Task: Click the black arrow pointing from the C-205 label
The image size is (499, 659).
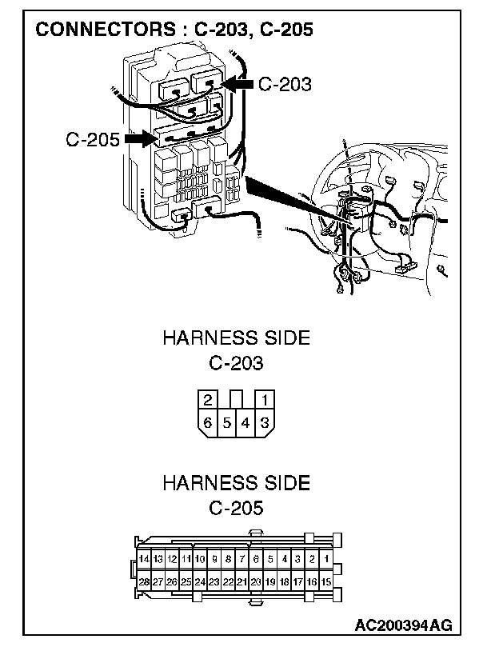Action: click(x=140, y=138)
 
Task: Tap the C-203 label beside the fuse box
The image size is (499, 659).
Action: click(x=285, y=84)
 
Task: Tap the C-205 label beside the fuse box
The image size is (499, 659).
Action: click(x=93, y=139)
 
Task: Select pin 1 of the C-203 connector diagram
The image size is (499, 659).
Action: click(x=265, y=399)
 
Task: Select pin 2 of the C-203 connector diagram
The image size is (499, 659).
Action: click(x=208, y=399)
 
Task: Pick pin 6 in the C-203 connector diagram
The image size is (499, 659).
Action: click(x=208, y=422)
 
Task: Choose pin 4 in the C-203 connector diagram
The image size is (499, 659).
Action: click(x=246, y=422)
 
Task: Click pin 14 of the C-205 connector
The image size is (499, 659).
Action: click(x=144, y=559)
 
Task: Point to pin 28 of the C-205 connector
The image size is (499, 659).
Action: click(x=144, y=581)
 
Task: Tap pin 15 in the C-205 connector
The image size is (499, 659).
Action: click(x=325, y=581)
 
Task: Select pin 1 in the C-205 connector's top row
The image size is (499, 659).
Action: click(x=325, y=559)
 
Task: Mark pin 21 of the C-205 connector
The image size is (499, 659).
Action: click(x=242, y=581)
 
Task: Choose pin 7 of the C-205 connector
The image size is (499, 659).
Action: click(x=242, y=559)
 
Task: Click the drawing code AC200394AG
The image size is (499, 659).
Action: click(x=404, y=625)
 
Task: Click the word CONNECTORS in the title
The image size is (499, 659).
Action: click(x=105, y=30)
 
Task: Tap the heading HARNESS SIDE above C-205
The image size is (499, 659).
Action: click(x=236, y=482)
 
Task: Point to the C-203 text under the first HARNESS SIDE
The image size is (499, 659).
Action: click(x=236, y=363)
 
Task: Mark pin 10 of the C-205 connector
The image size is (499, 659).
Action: click(x=200, y=559)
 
